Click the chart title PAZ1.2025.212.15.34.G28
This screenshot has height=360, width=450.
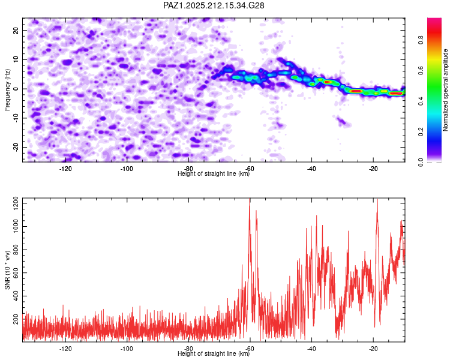point(214,5)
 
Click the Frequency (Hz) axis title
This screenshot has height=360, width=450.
point(7,90)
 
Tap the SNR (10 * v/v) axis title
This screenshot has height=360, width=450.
point(7,270)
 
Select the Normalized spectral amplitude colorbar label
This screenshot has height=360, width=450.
point(445,90)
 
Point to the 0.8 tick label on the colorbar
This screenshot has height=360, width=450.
point(421,40)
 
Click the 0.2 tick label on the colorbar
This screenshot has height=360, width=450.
point(421,131)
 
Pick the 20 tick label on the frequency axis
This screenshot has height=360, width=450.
point(16,31)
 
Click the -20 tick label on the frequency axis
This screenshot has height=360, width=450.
point(16,147)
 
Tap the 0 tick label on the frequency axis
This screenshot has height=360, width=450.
point(16,89)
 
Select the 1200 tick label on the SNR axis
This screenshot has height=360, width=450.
point(16,203)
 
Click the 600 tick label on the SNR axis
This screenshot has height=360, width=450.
point(16,273)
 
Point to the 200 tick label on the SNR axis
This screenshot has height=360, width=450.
point(16,319)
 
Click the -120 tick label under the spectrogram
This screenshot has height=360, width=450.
point(65,169)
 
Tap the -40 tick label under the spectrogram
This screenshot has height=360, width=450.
point(311,169)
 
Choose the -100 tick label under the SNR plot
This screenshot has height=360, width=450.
point(127,349)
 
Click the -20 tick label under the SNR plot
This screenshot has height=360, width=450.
point(373,349)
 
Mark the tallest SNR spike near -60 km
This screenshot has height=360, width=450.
point(250,199)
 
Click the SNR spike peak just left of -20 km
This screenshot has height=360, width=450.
point(377,200)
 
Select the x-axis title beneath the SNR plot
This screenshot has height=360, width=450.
point(214,353)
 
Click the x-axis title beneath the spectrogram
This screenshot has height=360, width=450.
point(214,173)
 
